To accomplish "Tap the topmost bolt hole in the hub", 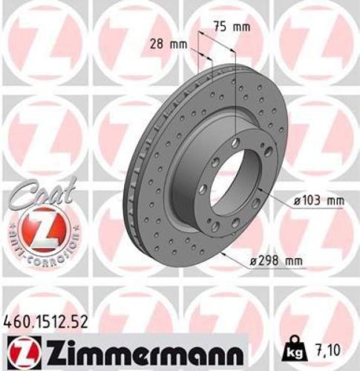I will coord(235,142).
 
